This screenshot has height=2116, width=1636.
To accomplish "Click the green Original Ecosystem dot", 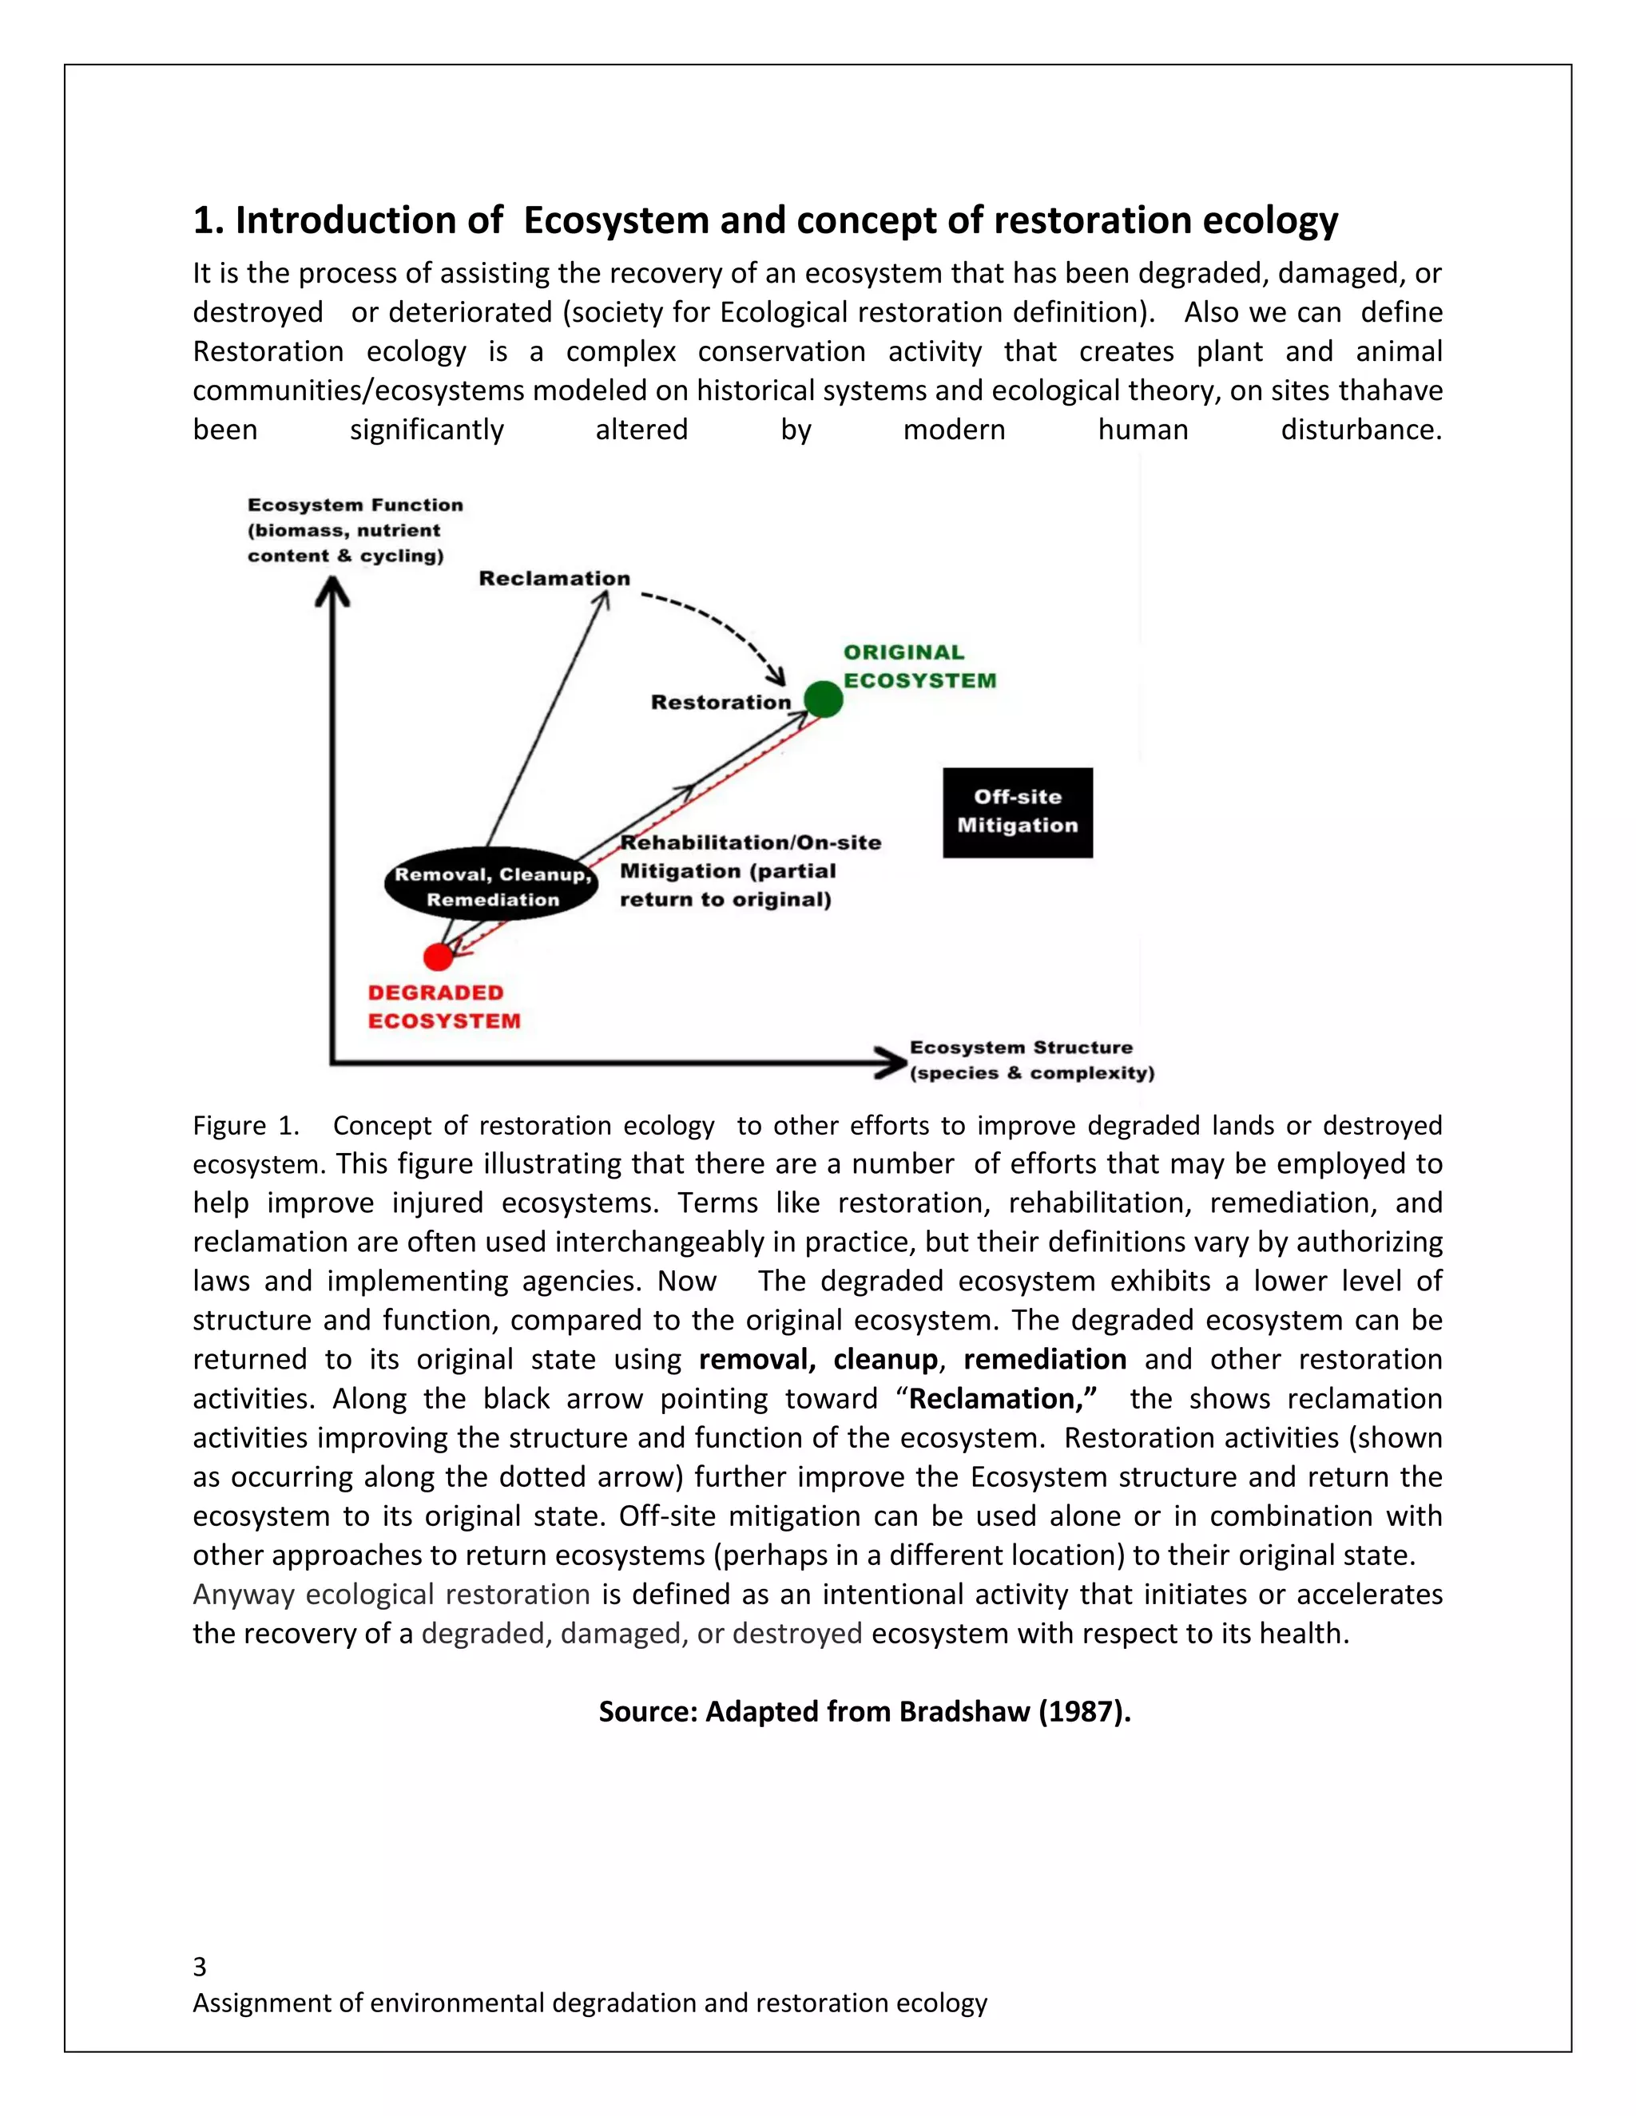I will point(823,699).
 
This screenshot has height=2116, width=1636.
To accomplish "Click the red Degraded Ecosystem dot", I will point(438,957).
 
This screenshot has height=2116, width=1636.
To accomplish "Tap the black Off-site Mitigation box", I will point(1018,812).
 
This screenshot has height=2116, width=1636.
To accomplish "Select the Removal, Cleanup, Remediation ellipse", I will point(492,886).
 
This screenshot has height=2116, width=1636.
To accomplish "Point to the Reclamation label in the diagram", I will point(554,578).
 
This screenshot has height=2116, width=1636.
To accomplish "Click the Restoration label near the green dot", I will point(721,703).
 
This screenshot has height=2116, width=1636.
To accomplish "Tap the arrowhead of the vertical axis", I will point(332,590).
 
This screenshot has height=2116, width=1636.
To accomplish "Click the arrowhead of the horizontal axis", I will point(890,1062).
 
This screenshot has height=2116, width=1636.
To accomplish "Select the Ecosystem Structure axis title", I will point(1031,1060).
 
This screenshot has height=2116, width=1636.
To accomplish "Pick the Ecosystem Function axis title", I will point(355,530).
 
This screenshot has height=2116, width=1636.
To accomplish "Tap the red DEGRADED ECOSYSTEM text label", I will point(444,1007).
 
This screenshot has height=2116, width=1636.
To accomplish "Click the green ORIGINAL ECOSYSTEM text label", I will point(919,667).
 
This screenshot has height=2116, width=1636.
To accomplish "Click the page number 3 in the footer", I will point(200,1966).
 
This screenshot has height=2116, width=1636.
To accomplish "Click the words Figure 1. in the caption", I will point(245,1126).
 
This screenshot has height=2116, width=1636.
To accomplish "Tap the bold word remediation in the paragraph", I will point(1044,1359).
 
